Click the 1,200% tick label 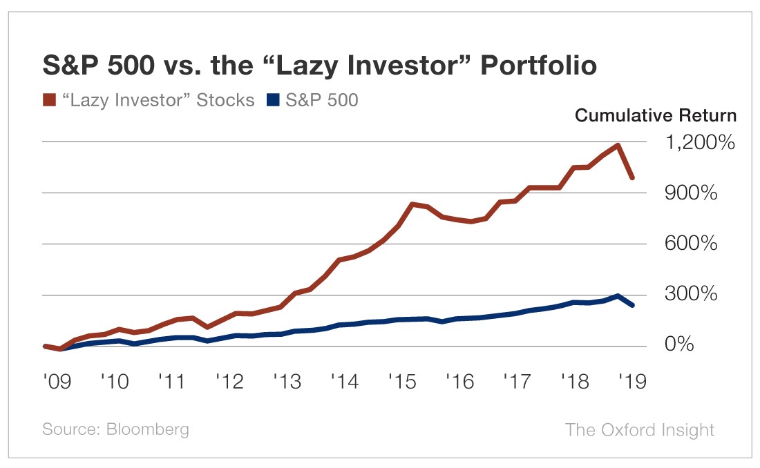(x=699, y=144)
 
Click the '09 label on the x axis (x=56, y=381)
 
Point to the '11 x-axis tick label (x=171, y=381)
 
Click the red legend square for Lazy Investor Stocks (x=48, y=101)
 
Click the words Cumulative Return (x=656, y=115)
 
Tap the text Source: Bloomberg (x=115, y=429)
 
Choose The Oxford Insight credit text (x=640, y=429)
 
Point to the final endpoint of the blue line (x=632, y=305)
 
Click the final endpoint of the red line (x=632, y=178)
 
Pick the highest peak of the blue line (x=617, y=296)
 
